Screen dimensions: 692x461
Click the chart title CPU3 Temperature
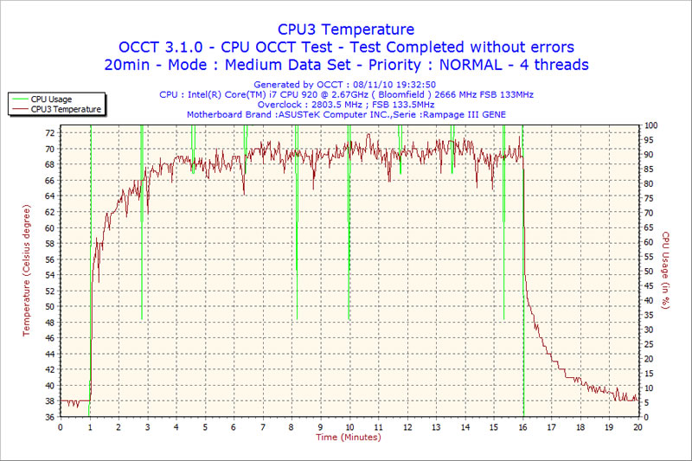point(345,29)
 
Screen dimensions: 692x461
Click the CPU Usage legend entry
point(51,99)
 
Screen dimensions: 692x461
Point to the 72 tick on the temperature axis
point(50,133)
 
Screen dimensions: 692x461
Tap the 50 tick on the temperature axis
point(50,306)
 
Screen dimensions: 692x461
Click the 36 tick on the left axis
point(50,417)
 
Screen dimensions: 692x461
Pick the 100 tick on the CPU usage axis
point(650,125)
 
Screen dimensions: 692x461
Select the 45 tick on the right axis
point(648,286)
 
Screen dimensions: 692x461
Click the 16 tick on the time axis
point(523,427)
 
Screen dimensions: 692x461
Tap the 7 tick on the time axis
point(263,427)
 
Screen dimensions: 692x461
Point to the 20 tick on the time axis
point(638,427)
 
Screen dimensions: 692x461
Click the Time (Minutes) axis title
point(349,437)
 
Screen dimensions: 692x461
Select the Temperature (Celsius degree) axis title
point(27,271)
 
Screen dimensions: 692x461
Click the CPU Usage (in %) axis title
point(665,270)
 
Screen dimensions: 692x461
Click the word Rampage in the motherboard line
point(450,115)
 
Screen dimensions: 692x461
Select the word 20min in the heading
point(127,65)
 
